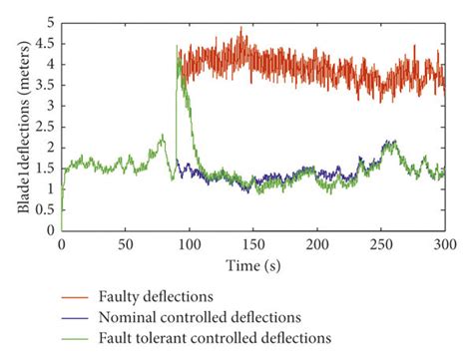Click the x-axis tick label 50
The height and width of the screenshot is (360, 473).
click(x=125, y=242)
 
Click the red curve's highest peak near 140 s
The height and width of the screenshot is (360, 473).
click(x=241, y=29)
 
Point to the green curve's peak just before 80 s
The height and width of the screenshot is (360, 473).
click(x=161, y=135)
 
